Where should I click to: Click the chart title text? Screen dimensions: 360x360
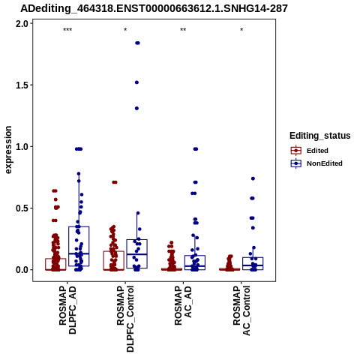point(154,9)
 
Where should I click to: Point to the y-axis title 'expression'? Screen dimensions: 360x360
point(8,150)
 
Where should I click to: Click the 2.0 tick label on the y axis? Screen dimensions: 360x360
point(21,24)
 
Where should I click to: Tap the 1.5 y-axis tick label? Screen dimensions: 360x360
point(21,85)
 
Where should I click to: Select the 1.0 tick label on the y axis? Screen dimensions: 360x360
point(21,147)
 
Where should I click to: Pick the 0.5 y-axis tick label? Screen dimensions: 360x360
point(21,208)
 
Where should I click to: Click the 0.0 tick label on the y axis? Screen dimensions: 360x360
point(21,270)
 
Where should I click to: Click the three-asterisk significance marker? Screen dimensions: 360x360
point(67,30)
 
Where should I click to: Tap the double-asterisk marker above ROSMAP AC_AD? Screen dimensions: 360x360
point(183,30)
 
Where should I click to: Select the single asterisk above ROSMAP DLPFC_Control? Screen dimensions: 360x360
point(125,30)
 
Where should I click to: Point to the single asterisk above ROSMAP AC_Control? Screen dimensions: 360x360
point(241,30)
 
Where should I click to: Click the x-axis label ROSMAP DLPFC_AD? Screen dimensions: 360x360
point(67,310)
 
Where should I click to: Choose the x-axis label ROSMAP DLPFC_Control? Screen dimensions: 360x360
point(125,319)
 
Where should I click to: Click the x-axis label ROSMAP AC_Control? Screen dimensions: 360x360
point(241,310)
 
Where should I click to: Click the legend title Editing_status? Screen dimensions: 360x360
point(320,136)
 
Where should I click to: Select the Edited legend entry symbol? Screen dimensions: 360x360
point(296,151)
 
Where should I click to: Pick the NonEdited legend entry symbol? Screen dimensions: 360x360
point(296,163)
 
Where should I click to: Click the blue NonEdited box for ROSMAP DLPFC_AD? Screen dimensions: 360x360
point(79,246)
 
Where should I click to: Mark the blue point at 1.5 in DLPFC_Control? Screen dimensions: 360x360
point(136,82)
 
